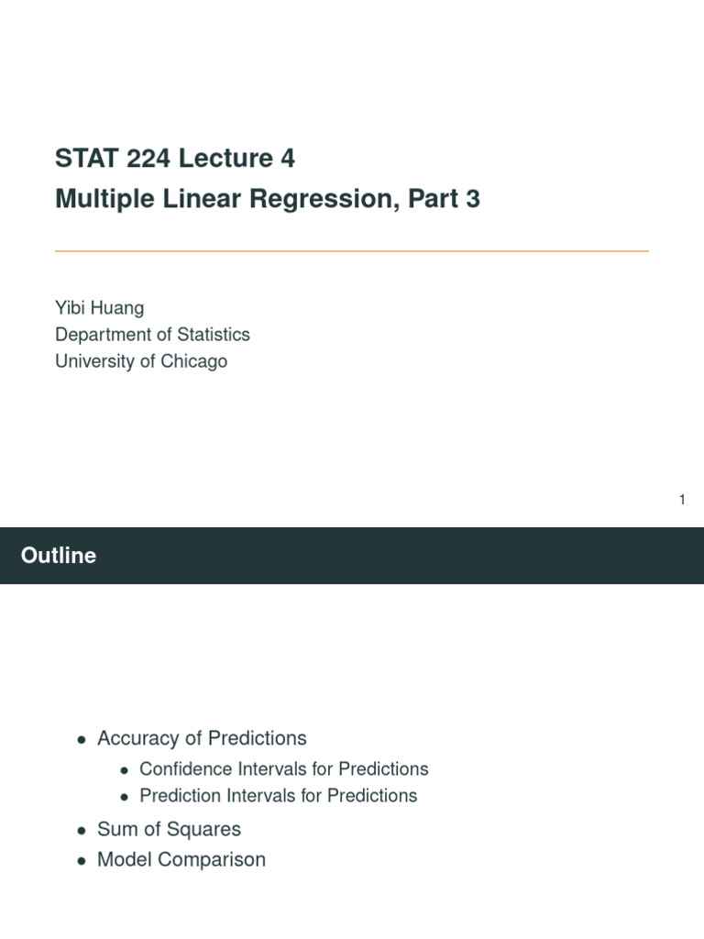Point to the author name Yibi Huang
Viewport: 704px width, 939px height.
(99, 308)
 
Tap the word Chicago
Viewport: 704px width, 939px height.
(194, 361)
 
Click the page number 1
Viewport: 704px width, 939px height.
(682, 500)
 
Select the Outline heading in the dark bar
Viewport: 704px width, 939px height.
(59, 556)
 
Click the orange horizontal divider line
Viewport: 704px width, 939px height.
(352, 250)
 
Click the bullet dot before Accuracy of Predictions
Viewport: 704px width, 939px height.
(82, 739)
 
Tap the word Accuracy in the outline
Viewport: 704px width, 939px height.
(137, 738)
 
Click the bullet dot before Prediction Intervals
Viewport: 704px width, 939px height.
(125, 796)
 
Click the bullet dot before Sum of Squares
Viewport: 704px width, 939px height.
(82, 830)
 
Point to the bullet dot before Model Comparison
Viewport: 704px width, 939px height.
(82, 860)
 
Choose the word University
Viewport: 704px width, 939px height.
(95, 361)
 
